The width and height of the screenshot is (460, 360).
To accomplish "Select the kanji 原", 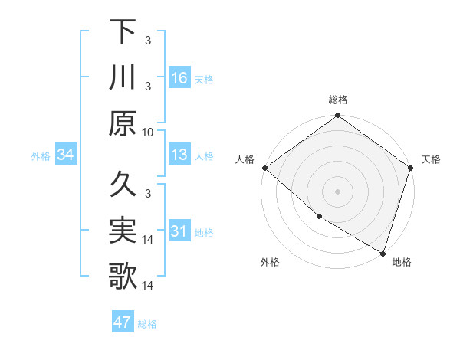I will click(123, 123).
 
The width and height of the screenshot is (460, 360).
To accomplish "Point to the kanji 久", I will click(123, 185).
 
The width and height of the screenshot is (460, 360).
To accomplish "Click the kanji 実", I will click(123, 231).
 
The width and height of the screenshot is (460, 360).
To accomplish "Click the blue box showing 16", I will click(179, 77).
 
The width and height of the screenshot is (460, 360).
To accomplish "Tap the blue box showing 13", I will click(179, 155).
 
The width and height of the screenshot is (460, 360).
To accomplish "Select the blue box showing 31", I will click(179, 231).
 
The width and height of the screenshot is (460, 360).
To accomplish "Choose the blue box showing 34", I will click(66, 155).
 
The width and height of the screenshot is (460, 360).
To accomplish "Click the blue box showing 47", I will click(123, 322).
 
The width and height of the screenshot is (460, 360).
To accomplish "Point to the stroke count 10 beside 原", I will click(148, 132).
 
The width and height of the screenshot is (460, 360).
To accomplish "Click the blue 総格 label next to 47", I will click(147, 323).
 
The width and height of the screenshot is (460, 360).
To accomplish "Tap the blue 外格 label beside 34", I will click(41, 155).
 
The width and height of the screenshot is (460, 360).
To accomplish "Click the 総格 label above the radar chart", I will click(338, 100).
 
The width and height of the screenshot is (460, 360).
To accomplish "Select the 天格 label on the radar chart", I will click(431, 159).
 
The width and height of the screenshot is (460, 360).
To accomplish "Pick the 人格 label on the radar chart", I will click(245, 159).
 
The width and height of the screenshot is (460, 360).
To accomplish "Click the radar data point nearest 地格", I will click(382, 252).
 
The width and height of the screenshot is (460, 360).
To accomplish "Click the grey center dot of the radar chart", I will click(338, 191).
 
